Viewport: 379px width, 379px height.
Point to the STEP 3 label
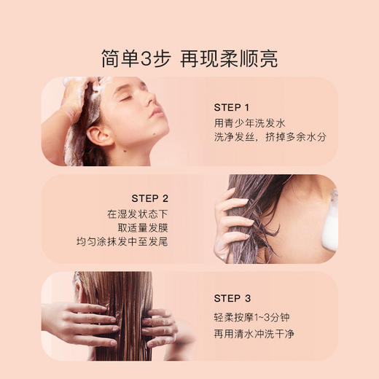[x=232, y=298]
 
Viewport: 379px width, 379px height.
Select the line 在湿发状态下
[x=138, y=214]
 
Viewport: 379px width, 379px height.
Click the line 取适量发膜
[x=143, y=227]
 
